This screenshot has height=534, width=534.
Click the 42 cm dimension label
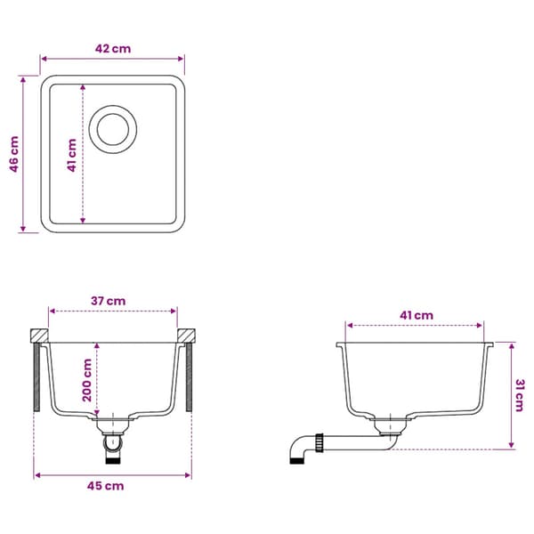pyautogui.click(x=113, y=49)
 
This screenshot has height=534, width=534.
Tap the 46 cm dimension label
pyautogui.click(x=14, y=154)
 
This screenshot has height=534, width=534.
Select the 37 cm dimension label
pyautogui.click(x=108, y=301)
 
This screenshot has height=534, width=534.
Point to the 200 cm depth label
pyautogui.click(x=87, y=380)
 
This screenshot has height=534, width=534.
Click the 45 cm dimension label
pyautogui.click(x=105, y=486)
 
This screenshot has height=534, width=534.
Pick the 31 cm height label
pyautogui.click(x=520, y=395)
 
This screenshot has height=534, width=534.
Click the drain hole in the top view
pyautogui.click(x=113, y=129)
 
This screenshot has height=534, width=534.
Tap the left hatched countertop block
pyautogui.click(x=39, y=336)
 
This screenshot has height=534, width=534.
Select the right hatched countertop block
pyautogui.click(x=186, y=336)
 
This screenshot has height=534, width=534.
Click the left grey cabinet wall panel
pyautogui.click(x=36, y=377)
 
